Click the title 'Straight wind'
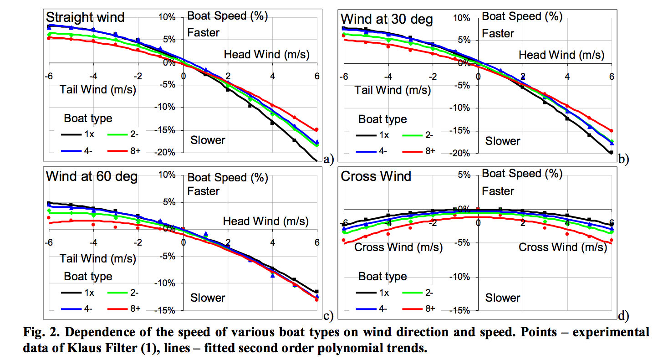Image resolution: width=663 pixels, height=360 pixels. pos(85,17)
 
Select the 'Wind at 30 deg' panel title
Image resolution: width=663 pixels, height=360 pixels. pos(387,20)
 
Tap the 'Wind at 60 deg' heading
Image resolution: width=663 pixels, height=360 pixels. pos(92,176)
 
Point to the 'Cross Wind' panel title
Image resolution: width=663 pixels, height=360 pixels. pos(376,176)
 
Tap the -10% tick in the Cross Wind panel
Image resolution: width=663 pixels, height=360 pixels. pos(460,277)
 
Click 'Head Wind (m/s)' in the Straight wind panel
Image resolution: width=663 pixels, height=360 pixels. pos(266,55)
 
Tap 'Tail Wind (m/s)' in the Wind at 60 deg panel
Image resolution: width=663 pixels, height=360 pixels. pos(98,258)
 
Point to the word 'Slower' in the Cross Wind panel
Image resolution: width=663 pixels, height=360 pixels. pos(503,298)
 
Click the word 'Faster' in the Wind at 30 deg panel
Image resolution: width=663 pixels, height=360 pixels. pos(498,33)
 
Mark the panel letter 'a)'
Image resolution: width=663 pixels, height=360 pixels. pos(328,159)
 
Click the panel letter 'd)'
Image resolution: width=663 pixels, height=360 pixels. pos(623,315)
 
